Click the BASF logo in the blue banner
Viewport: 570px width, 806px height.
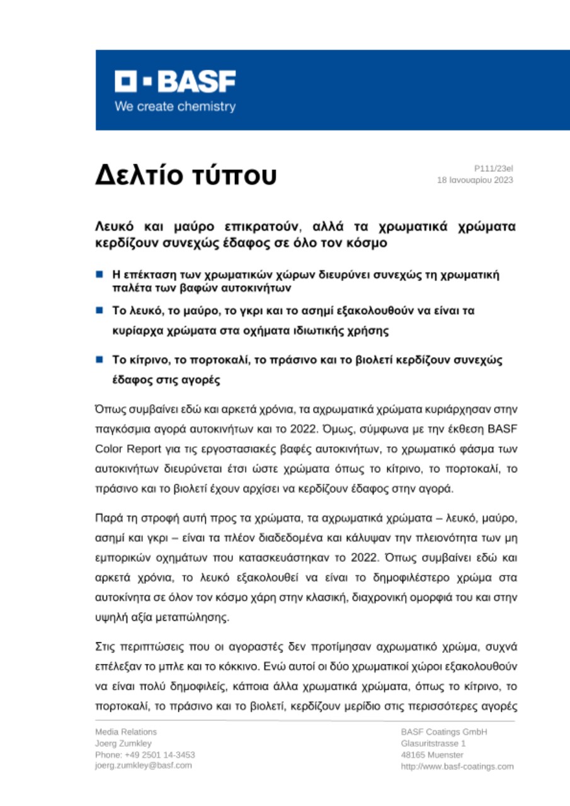point(175,81)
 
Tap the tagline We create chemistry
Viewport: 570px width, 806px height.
point(174,106)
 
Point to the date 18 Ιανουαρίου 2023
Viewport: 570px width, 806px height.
point(475,180)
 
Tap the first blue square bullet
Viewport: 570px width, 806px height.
point(100,275)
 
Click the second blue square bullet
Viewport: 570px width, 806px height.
point(100,310)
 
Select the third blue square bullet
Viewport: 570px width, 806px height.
point(100,359)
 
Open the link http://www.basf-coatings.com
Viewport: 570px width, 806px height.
point(457,766)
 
